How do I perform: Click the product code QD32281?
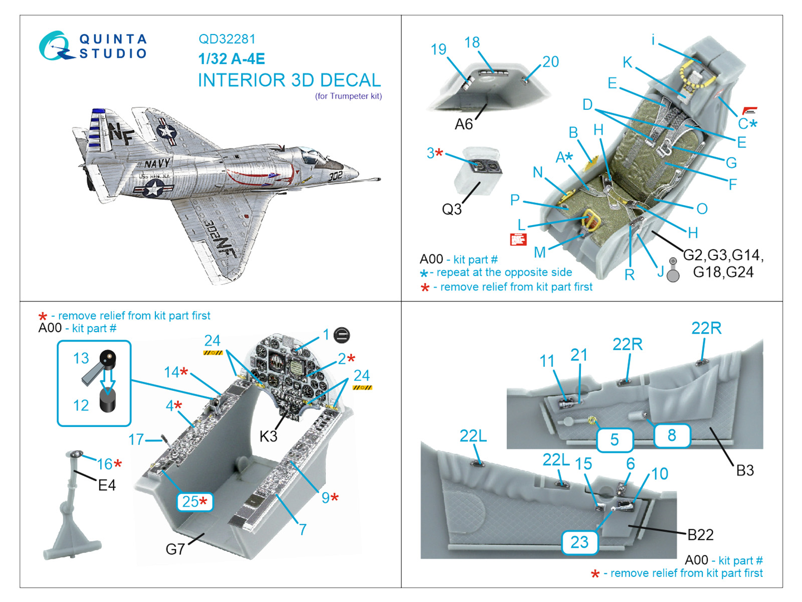pos(227,39)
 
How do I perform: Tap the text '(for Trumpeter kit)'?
pos(348,96)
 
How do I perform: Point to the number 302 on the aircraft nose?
pos(335,176)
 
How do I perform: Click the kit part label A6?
pos(464,124)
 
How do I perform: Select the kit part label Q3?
pos(451,209)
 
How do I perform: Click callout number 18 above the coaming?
pos(472,43)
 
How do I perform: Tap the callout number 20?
pos(550,62)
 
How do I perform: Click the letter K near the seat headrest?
pos(627,62)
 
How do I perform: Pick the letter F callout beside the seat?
pos(732,184)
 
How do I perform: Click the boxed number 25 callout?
pos(194,501)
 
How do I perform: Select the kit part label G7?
pos(175,549)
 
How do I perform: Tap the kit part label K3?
pos(268,436)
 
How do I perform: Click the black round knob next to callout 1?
pos(342,335)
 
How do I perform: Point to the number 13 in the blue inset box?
pos(81,358)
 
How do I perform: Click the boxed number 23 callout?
pos(579,542)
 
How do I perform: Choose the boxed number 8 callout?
pos(672,435)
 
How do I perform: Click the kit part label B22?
pos(700,535)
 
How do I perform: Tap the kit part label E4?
pos(107,485)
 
